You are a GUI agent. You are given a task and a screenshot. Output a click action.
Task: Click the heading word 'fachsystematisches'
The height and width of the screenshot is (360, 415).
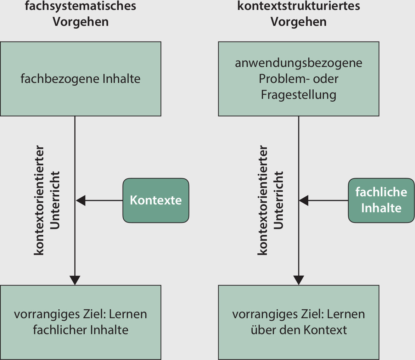point(80,6)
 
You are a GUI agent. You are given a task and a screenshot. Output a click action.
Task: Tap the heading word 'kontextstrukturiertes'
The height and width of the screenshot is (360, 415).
point(298,6)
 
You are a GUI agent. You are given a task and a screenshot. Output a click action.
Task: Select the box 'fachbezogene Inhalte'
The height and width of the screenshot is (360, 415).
point(80,79)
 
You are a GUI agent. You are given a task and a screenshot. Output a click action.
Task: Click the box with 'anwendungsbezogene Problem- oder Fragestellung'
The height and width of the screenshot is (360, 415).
point(298,79)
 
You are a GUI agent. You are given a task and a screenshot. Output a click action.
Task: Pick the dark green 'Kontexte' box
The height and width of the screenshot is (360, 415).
point(156,200)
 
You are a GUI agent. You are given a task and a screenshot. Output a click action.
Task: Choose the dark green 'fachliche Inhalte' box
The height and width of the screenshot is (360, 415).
point(381,200)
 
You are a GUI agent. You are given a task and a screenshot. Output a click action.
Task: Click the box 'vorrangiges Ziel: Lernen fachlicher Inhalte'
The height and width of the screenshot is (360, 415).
point(80,322)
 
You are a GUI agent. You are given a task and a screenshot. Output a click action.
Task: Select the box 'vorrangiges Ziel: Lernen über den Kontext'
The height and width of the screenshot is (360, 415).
point(298,322)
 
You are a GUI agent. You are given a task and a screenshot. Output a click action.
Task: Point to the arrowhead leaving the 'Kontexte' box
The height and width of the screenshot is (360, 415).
point(81,200)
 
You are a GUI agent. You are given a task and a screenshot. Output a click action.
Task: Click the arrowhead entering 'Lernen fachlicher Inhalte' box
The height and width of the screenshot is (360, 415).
point(75,280)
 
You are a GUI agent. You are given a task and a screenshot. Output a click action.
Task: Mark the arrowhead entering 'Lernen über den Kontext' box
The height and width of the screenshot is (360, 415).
point(298,280)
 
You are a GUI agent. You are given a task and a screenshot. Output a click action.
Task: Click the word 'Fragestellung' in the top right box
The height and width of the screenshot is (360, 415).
point(298,95)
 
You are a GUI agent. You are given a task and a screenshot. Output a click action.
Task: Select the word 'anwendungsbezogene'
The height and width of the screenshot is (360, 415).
point(298,63)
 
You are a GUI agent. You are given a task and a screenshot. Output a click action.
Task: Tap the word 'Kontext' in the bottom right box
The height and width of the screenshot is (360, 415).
point(325,330)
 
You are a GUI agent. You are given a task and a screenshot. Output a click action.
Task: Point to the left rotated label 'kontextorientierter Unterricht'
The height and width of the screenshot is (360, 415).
point(46,200)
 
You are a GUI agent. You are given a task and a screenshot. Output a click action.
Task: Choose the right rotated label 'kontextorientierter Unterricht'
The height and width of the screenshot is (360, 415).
point(270,200)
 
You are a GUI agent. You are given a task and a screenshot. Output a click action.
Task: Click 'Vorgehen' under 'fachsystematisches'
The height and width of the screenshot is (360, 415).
point(80,22)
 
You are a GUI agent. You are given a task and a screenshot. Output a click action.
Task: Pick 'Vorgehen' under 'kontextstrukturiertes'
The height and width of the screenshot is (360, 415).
point(298,22)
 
